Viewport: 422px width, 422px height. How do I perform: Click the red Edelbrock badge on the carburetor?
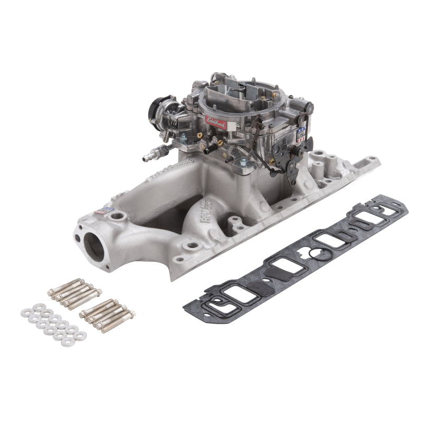pyautogui.click(x=216, y=122)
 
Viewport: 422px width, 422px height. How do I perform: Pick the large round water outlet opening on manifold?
pyautogui.click(x=94, y=244)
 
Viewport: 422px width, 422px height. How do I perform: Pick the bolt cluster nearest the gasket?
pyautogui.click(x=108, y=313)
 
